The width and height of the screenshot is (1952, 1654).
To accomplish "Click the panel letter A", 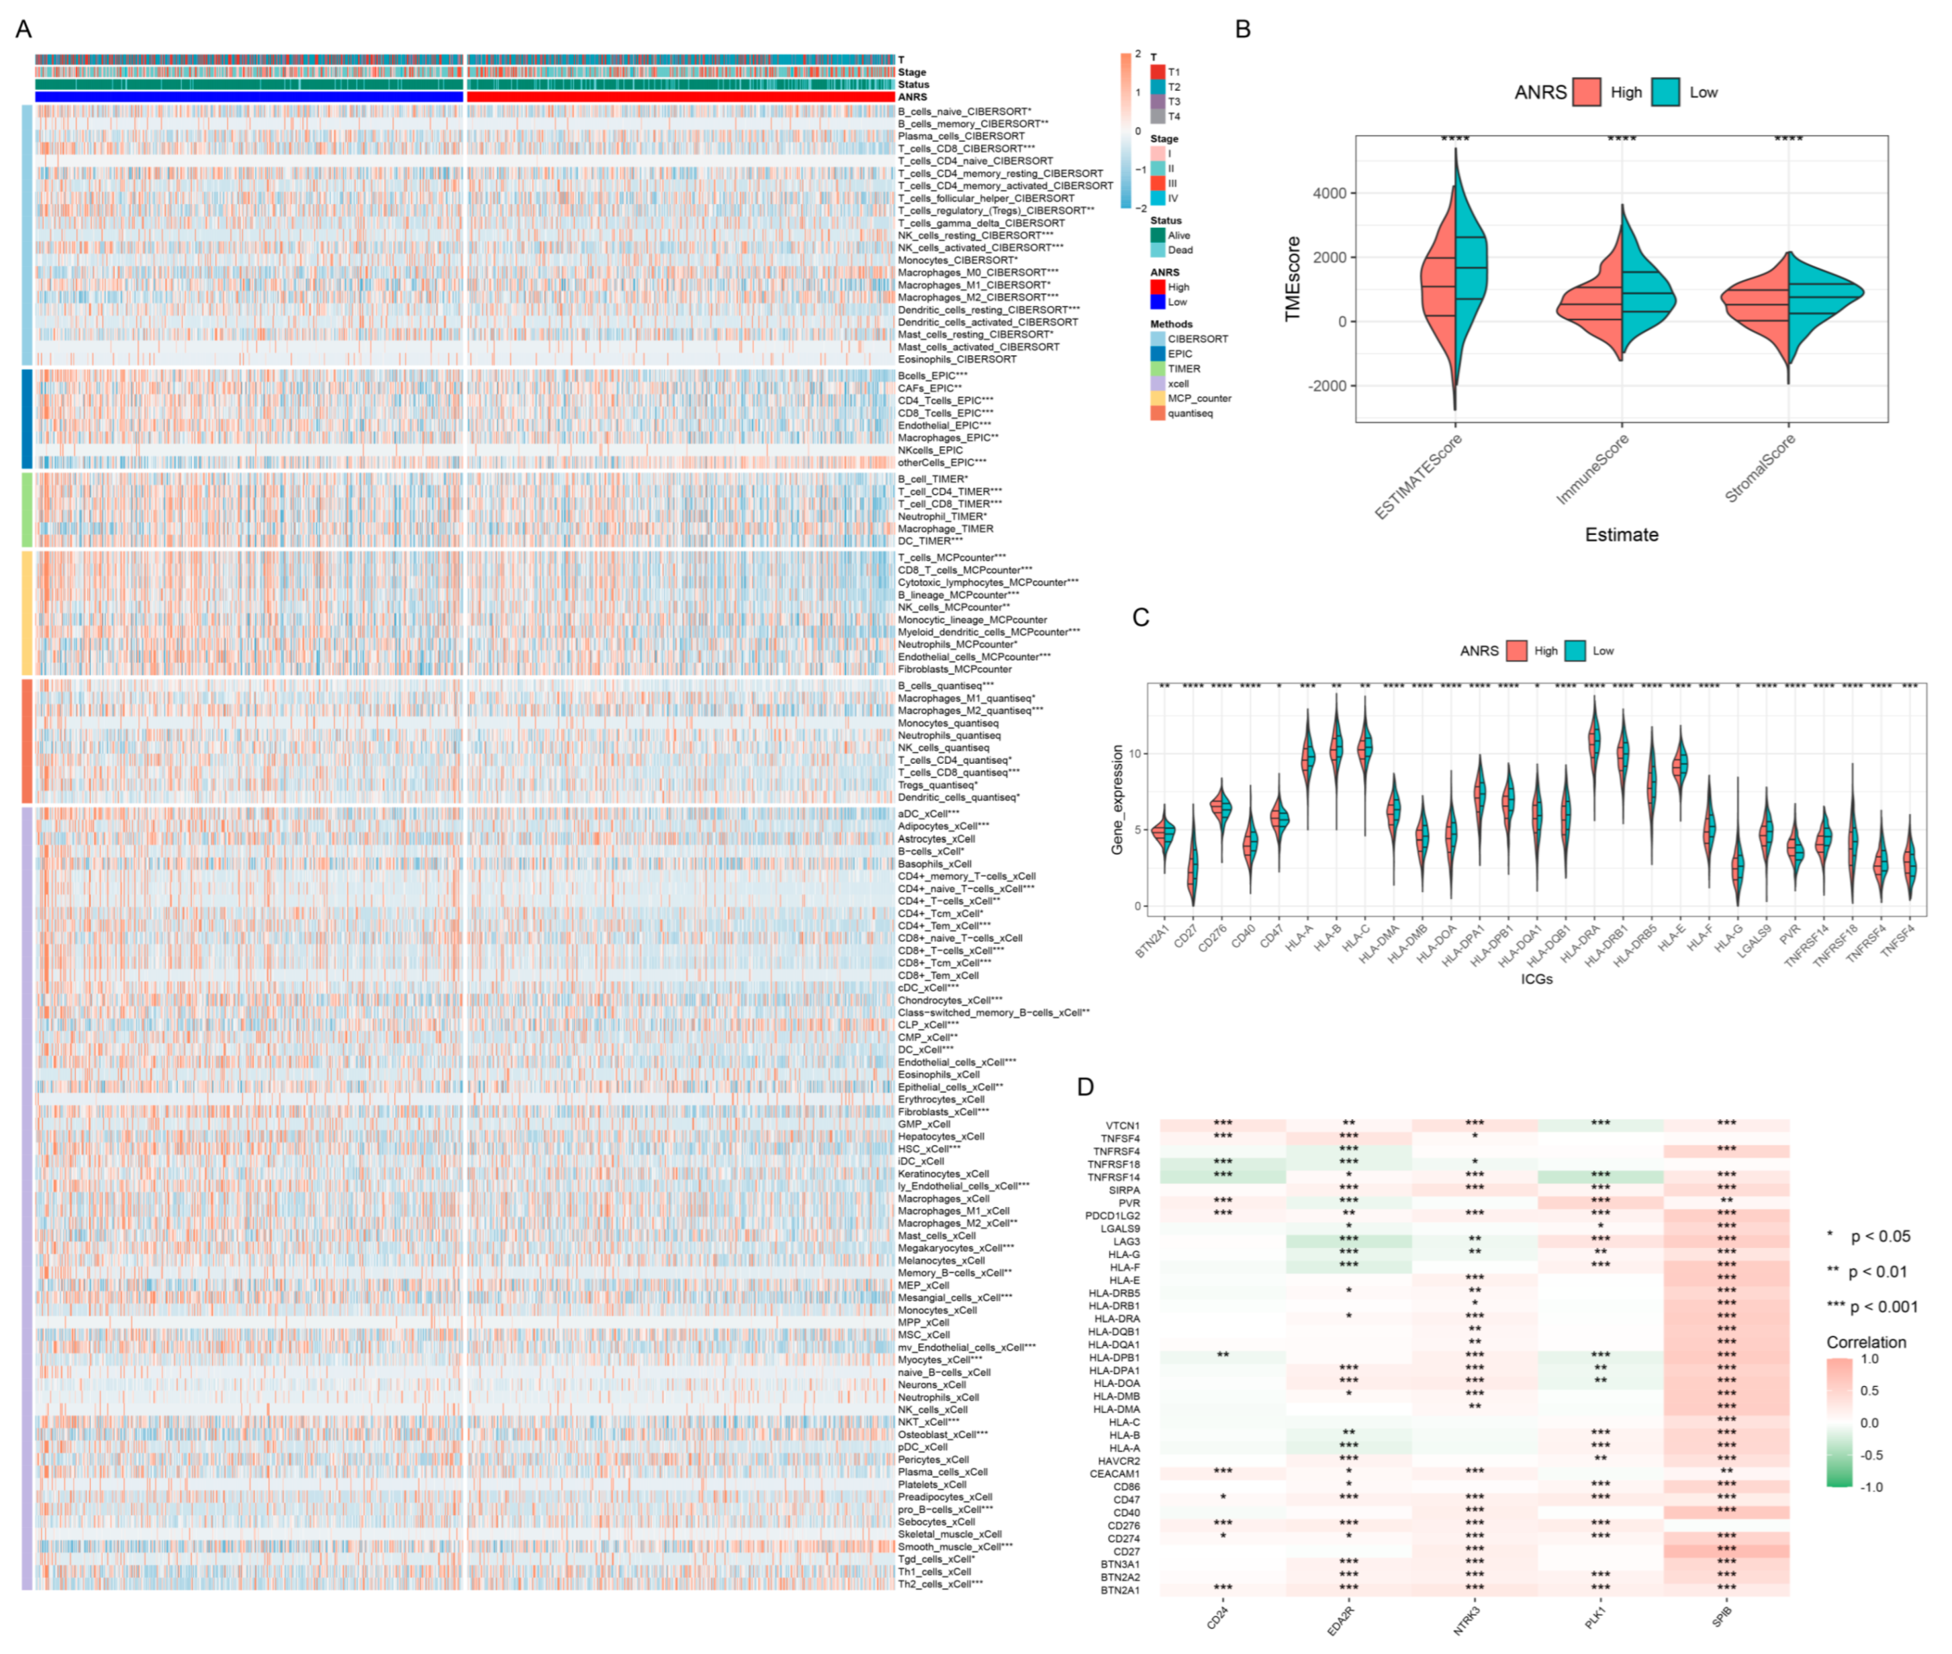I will tap(24, 29).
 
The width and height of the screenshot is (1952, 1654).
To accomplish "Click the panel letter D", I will tap(1085, 1086).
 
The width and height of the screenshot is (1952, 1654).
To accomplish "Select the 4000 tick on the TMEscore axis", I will tap(1329, 193).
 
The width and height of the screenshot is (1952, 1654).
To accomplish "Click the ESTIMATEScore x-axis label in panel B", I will tap(1418, 477).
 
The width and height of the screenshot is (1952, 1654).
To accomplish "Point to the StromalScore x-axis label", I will tap(1761, 468).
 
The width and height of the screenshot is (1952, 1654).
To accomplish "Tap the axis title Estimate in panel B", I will tap(1621, 534).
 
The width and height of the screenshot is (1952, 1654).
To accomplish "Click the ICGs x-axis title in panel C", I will tap(1536, 979).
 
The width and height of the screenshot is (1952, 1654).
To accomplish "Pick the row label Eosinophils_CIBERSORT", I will tap(957, 359).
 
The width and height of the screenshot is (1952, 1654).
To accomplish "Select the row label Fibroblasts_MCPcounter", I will tap(954, 669).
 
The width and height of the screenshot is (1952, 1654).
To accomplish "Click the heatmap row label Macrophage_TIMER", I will tap(945, 529).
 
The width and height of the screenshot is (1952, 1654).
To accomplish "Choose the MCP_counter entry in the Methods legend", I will tap(1199, 399).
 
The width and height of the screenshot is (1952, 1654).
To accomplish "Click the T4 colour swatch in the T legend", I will tap(1158, 116).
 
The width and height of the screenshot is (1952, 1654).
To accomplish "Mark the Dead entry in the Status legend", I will tap(1179, 250).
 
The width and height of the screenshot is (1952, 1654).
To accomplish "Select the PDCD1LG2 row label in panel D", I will tap(1113, 1215).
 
